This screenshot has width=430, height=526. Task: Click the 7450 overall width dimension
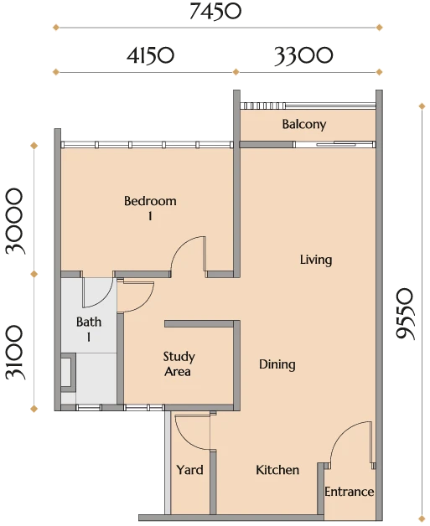click(x=215, y=12)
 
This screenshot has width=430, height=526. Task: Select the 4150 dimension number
click(x=150, y=55)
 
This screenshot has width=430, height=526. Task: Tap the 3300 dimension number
click(x=303, y=55)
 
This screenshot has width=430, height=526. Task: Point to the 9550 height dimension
click(x=404, y=313)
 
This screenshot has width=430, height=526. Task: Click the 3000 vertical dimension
click(x=15, y=221)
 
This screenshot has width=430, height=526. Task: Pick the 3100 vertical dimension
click(x=15, y=353)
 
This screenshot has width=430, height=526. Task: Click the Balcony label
click(x=304, y=124)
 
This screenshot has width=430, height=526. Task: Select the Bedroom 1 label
click(x=150, y=208)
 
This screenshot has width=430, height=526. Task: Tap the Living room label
click(x=316, y=260)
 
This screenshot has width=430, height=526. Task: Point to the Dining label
click(x=277, y=364)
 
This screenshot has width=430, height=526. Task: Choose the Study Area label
click(x=179, y=364)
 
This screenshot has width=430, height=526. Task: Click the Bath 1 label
click(x=89, y=329)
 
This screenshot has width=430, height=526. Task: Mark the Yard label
click(x=189, y=470)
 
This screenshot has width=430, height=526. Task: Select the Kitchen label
click(x=277, y=470)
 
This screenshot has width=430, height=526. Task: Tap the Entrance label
click(x=349, y=492)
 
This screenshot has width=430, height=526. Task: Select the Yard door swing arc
click(x=187, y=438)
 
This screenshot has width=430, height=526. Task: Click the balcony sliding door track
click(x=334, y=145)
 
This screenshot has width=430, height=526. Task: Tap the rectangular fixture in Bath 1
click(x=68, y=372)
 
